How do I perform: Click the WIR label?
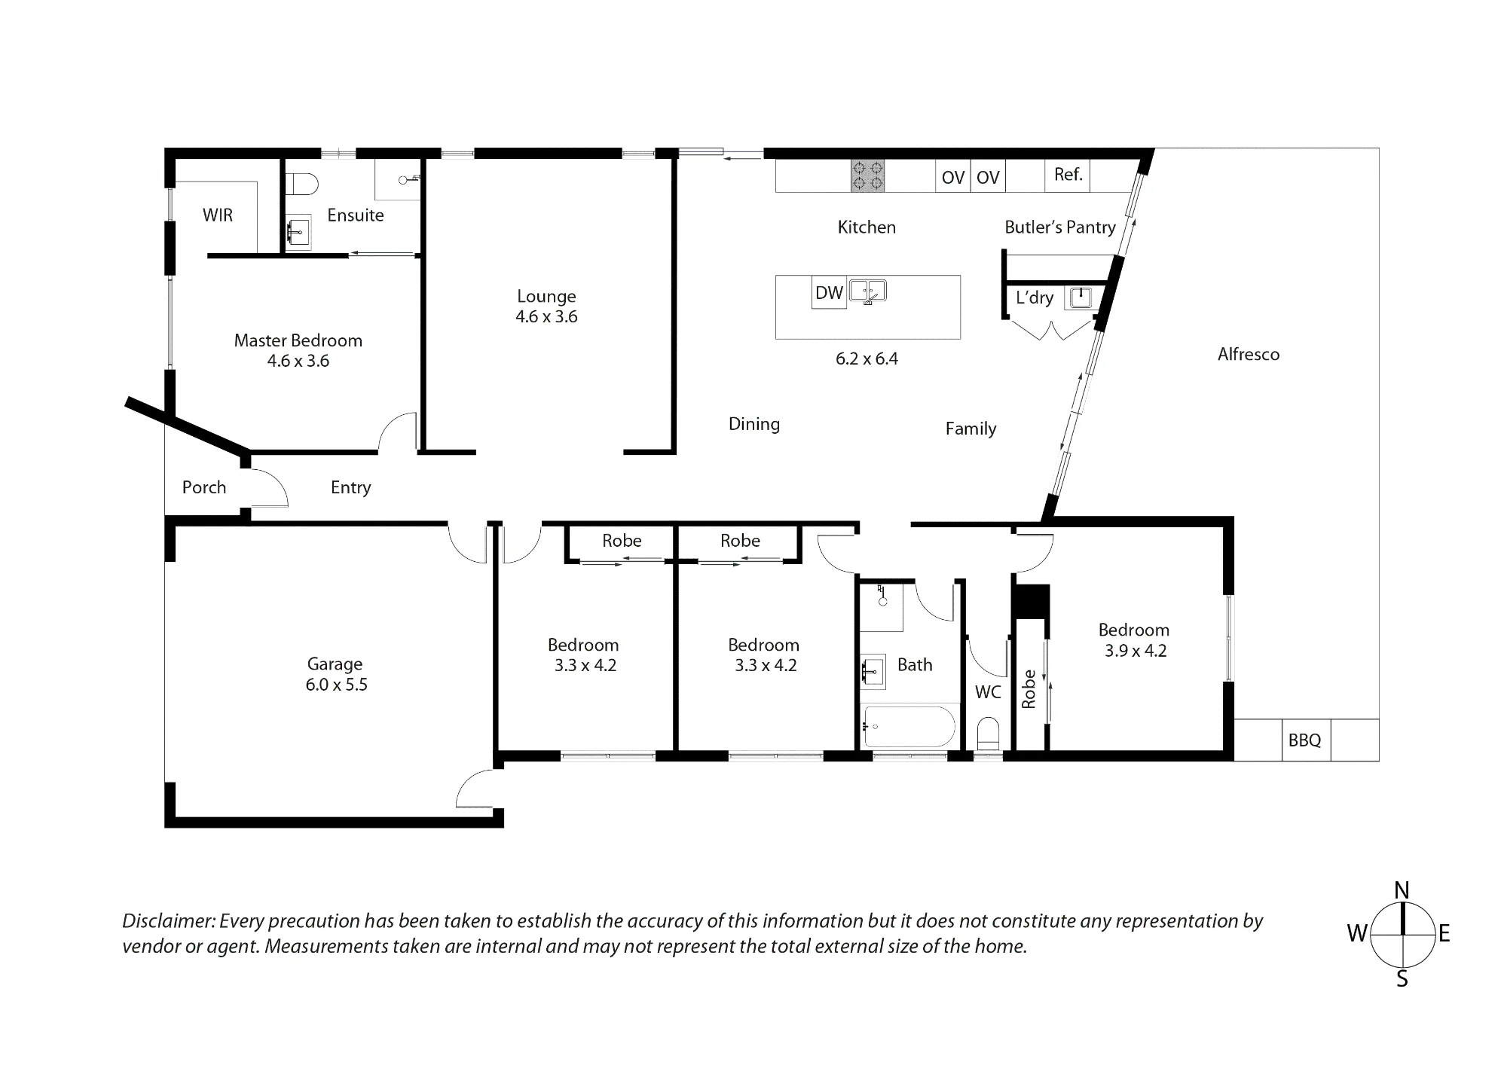(x=218, y=215)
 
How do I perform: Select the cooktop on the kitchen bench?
(x=867, y=176)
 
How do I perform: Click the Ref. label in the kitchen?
(x=1068, y=175)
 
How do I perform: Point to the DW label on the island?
(x=829, y=293)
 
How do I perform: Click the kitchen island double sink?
(x=868, y=291)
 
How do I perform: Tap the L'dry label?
(x=1035, y=298)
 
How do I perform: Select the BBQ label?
(x=1304, y=740)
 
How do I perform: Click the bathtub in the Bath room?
(x=909, y=726)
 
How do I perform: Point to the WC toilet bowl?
(x=988, y=733)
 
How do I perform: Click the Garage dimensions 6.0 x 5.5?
(x=336, y=685)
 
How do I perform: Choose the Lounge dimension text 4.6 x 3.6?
(x=546, y=316)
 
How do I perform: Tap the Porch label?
(x=204, y=487)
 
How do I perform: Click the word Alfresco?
(x=1249, y=354)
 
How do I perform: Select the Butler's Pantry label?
(x=1060, y=227)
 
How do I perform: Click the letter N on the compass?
(x=1402, y=891)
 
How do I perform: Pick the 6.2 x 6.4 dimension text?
(x=867, y=359)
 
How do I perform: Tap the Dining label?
(x=754, y=424)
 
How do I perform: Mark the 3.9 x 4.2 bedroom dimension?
(x=1136, y=651)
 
